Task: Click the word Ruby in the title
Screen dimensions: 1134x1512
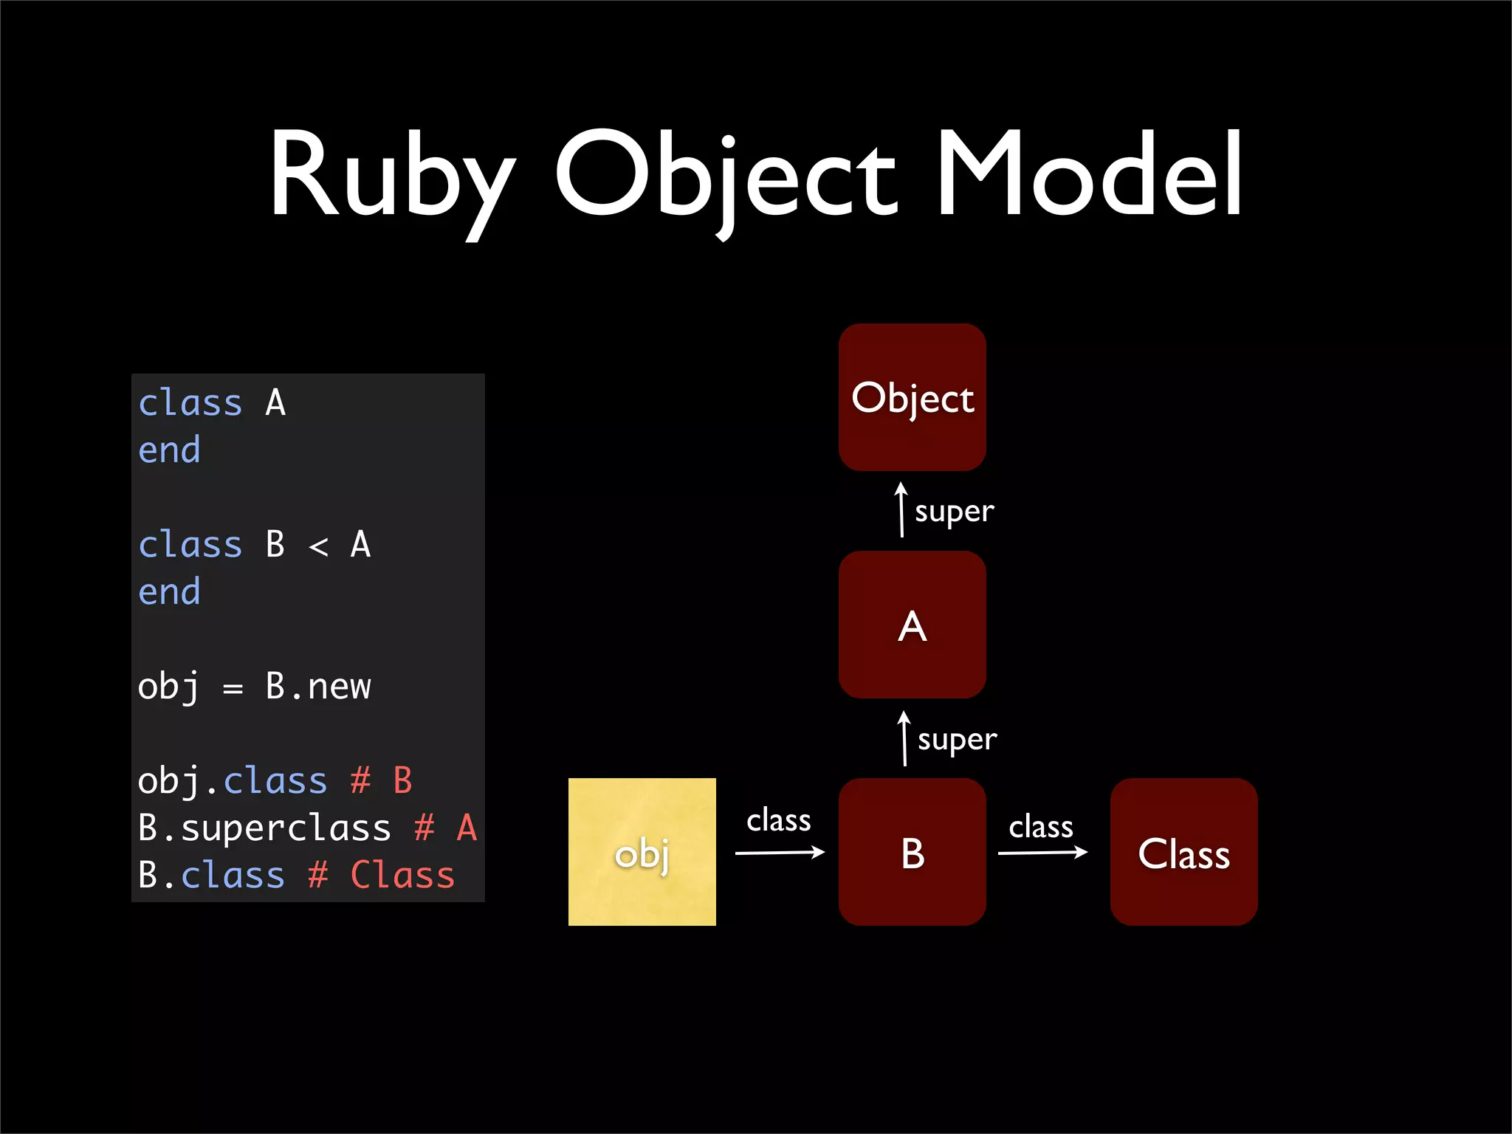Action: [x=391, y=177]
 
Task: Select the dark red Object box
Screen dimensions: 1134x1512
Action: [x=912, y=397]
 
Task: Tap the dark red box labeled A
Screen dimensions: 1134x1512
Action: [x=912, y=625]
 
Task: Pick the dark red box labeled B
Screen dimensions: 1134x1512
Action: [x=912, y=852]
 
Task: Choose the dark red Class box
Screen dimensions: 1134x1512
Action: [x=1183, y=852]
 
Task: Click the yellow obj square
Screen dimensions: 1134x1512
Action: [x=642, y=852]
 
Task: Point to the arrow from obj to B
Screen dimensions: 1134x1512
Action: [x=780, y=853]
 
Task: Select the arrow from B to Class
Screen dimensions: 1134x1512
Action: [x=1042, y=853]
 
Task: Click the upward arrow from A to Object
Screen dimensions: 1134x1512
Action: [x=901, y=509]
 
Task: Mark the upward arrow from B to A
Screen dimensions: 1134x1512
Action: [x=904, y=738]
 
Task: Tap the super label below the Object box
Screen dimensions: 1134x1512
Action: [x=954, y=512]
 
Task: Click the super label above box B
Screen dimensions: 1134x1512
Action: [x=957, y=740]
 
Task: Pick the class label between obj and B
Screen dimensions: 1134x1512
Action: [x=778, y=820]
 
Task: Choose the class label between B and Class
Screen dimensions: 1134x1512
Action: [x=1041, y=827]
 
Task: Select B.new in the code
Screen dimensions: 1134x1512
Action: [x=318, y=687]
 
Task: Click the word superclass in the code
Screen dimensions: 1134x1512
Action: [x=286, y=828]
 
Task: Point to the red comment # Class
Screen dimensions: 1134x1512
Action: [x=381, y=876]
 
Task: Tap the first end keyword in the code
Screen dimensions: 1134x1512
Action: [x=169, y=450]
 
